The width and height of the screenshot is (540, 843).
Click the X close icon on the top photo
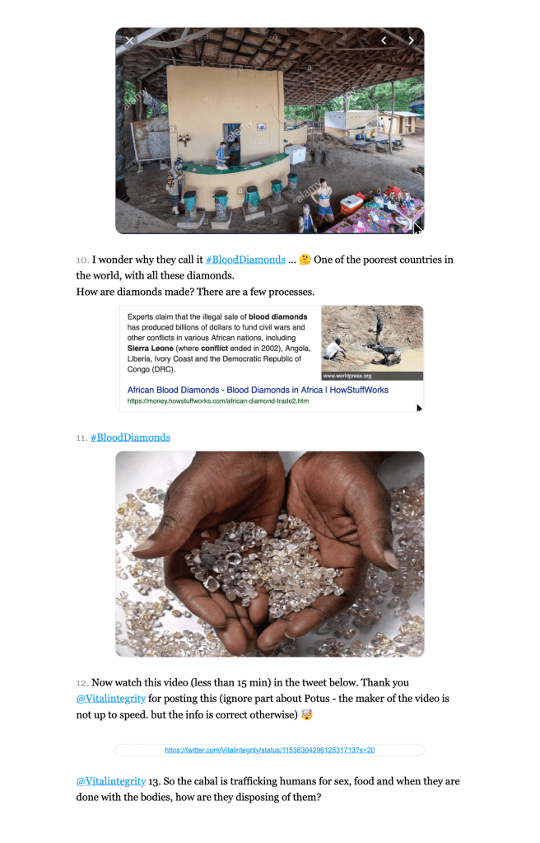129,40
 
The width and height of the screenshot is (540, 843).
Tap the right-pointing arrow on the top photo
411,40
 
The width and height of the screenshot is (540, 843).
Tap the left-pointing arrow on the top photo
384,40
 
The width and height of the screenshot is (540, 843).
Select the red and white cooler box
352,202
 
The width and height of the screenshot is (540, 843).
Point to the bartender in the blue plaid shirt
221,154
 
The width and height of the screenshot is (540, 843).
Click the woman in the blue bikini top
324,199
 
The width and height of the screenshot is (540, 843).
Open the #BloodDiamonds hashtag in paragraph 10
245,260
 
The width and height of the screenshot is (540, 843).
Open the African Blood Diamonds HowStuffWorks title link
258,390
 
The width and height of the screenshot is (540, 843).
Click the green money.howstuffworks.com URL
217,401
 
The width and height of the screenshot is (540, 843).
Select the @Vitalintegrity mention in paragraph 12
111,699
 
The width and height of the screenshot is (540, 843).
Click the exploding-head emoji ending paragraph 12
307,714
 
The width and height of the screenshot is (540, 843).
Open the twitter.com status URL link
270,750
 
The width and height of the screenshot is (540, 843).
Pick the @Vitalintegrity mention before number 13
111,780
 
